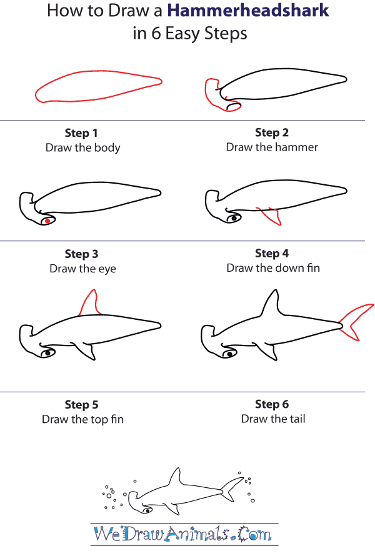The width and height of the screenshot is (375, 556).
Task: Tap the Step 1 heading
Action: tap(81, 133)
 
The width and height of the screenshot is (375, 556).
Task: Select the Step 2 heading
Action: tap(272, 132)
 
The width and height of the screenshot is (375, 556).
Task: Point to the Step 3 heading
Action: tap(81, 254)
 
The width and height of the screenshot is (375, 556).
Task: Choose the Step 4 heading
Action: tap(272, 253)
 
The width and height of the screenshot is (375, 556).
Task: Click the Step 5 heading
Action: tap(81, 405)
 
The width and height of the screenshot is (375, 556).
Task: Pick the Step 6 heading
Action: tap(272, 404)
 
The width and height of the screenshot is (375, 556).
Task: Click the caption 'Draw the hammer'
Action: tap(272, 147)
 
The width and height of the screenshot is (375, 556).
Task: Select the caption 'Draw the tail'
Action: tap(273, 419)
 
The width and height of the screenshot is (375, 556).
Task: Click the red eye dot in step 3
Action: tap(47, 221)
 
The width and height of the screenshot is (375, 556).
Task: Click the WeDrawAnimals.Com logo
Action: tap(183, 535)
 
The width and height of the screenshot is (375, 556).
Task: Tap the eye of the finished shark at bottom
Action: tap(147, 510)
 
